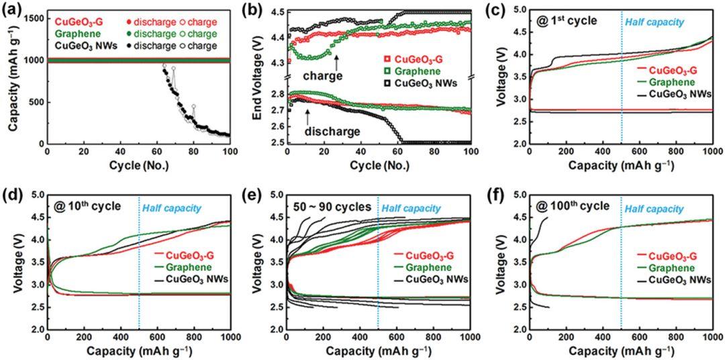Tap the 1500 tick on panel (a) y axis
coord(36,17)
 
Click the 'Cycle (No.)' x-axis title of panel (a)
coord(138,165)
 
